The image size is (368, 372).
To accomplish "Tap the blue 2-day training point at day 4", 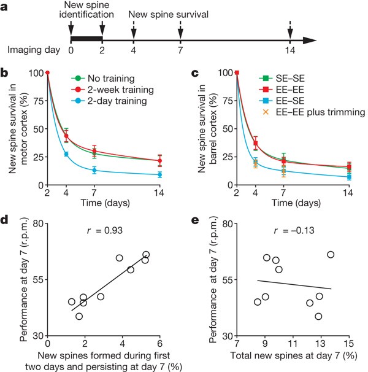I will pos(66,154).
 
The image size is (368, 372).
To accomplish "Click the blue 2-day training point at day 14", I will pos(160,174).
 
